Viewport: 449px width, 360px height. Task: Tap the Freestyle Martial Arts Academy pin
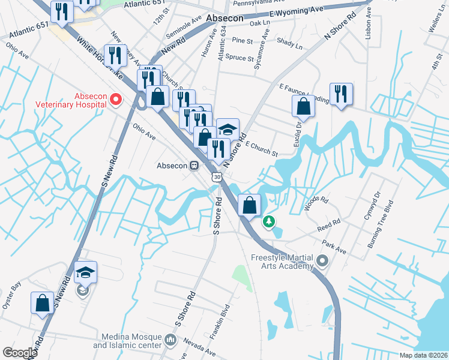tap(323, 260)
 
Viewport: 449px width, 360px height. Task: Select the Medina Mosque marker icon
tap(170, 340)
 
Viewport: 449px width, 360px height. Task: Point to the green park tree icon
tap(270, 222)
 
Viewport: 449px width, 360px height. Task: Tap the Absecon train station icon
tap(194, 165)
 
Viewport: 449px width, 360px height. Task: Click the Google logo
tap(20, 353)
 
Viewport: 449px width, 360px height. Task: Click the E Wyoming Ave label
tap(297, 12)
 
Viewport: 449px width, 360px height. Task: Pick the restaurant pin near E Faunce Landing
tap(341, 93)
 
